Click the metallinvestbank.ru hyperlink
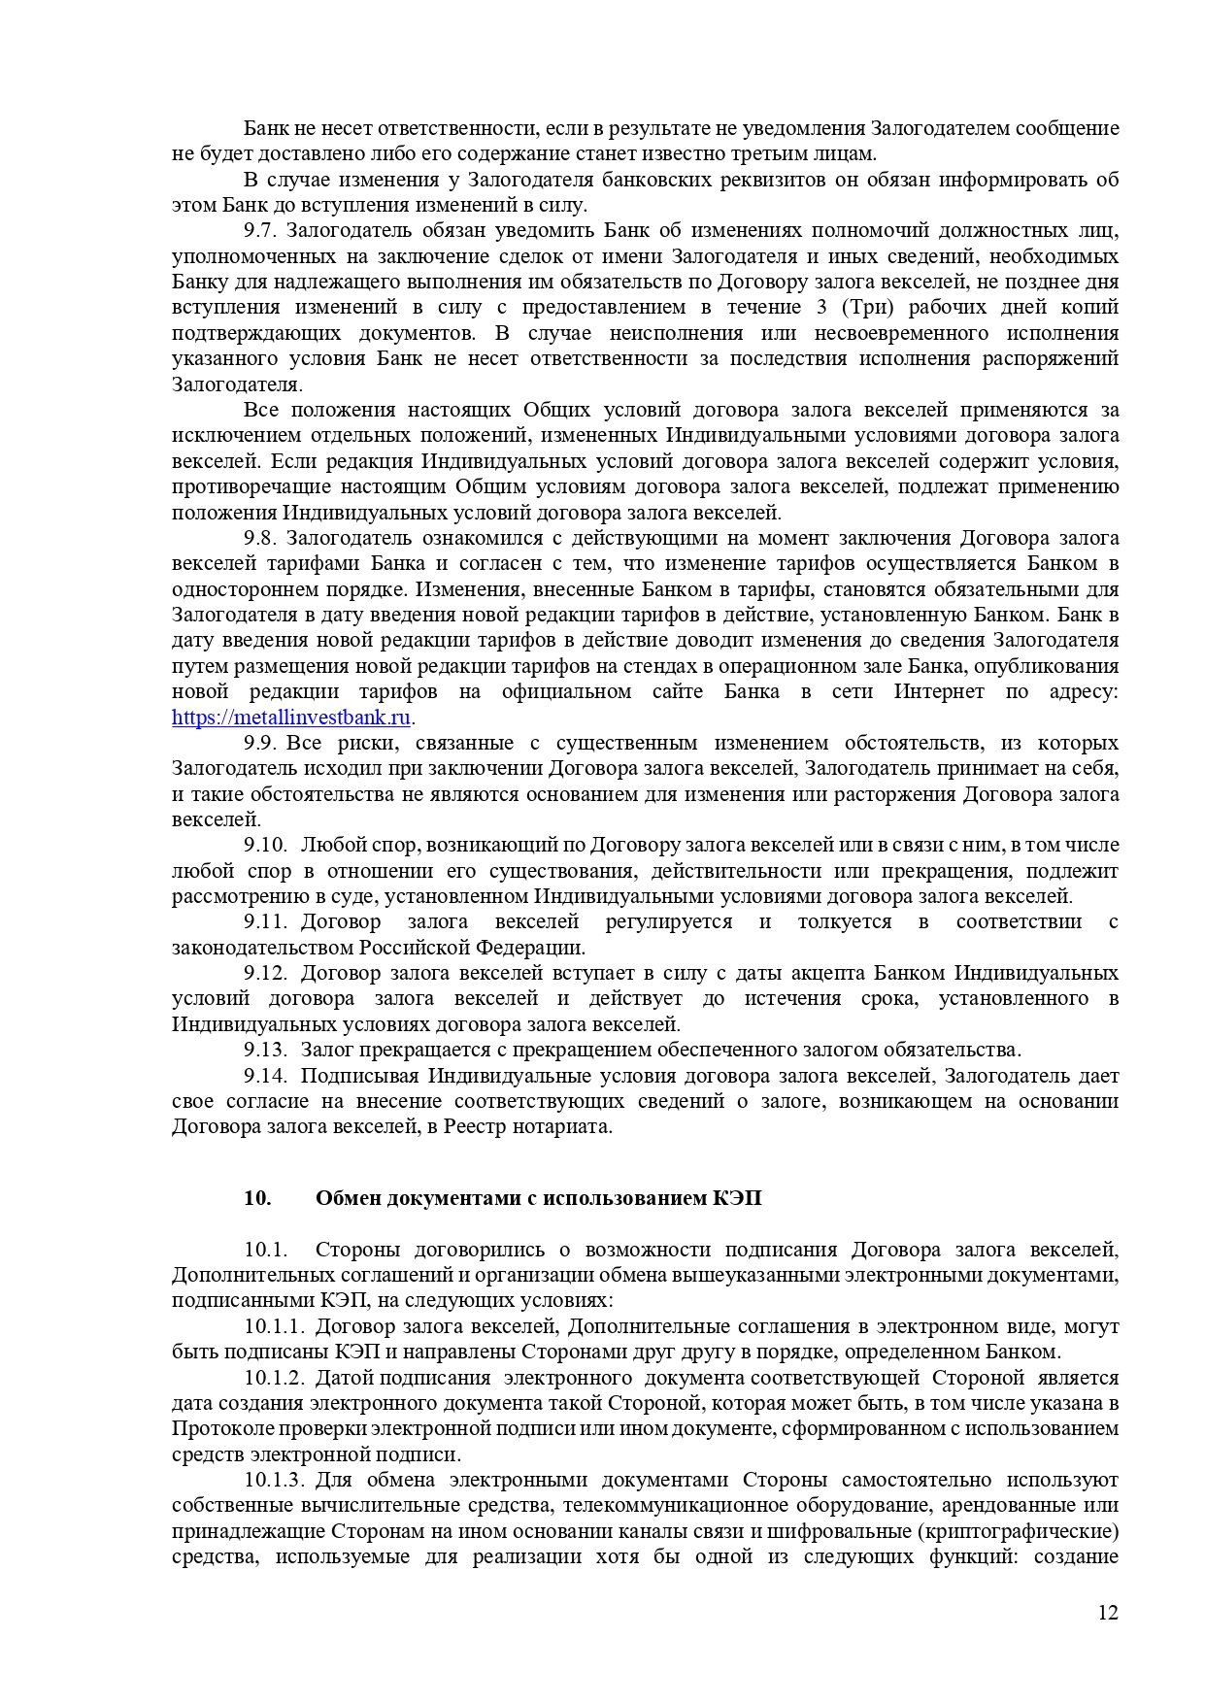pyautogui.click(x=291, y=718)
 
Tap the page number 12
pyautogui.click(x=1108, y=1613)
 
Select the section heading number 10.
pyautogui.click(x=257, y=1198)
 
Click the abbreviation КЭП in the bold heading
pyautogui.click(x=737, y=1198)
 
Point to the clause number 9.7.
pyautogui.click(x=260, y=231)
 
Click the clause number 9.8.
pyautogui.click(x=260, y=539)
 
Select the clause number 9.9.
pyautogui.click(x=260, y=744)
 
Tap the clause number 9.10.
pyautogui.click(x=265, y=846)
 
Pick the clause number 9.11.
pyautogui.click(x=265, y=922)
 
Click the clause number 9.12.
pyautogui.click(x=265, y=974)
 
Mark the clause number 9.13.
pyautogui.click(x=265, y=1051)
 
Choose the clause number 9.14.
pyautogui.click(x=265, y=1076)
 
